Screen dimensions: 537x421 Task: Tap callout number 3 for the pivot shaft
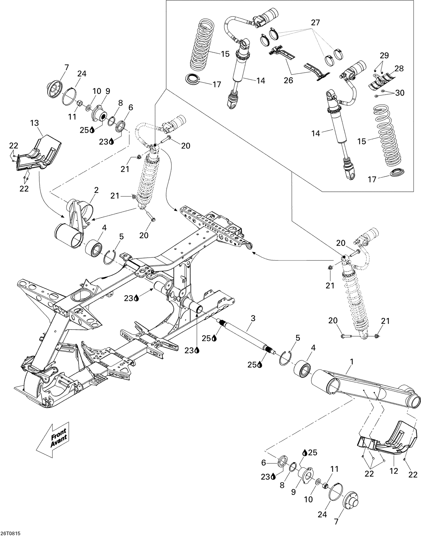pyautogui.click(x=253, y=318)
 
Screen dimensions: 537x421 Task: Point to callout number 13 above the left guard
pyautogui.click(x=35, y=123)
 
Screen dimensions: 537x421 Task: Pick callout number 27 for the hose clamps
pyautogui.click(x=316, y=23)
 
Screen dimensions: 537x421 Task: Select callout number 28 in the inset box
pyautogui.click(x=399, y=68)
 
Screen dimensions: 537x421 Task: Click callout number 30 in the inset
pyautogui.click(x=400, y=93)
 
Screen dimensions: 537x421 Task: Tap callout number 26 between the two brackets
pyautogui.click(x=288, y=80)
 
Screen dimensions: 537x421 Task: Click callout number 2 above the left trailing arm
pyautogui.click(x=96, y=190)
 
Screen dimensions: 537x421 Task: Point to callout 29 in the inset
pyautogui.click(x=384, y=55)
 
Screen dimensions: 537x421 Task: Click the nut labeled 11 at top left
pyautogui.click(x=79, y=103)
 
